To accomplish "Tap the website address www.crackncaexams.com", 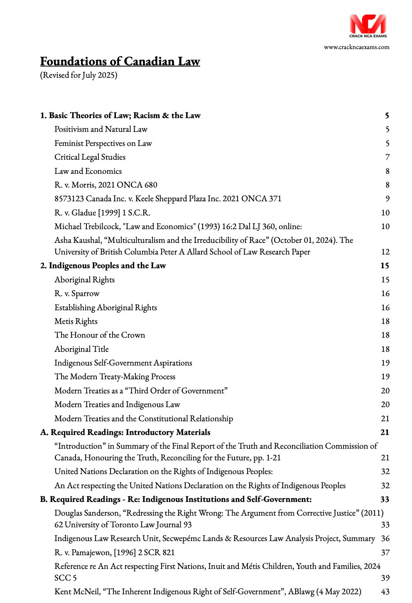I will (356, 47).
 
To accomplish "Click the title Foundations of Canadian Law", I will (120, 62).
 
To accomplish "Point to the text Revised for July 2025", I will (79, 75).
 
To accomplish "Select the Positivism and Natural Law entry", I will (101, 129).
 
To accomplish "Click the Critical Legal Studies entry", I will (90, 157).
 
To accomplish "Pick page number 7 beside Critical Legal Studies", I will (387, 157).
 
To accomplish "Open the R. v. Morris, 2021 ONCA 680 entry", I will (106, 185).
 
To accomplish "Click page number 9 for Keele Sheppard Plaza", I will (387, 199).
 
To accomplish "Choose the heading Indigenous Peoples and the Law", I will (107, 266).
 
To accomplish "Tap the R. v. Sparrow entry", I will (77, 294).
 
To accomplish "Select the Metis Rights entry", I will (76, 321).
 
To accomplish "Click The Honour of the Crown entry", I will (100, 335).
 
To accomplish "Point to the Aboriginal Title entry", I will (81, 349).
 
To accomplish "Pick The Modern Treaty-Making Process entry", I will (115, 377).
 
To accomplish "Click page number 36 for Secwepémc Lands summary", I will (385, 539).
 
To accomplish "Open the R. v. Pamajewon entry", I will (115, 553).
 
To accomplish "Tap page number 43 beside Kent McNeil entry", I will (385, 592).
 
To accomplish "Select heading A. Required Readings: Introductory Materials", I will (125, 432).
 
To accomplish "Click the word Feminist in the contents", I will (69, 143).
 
